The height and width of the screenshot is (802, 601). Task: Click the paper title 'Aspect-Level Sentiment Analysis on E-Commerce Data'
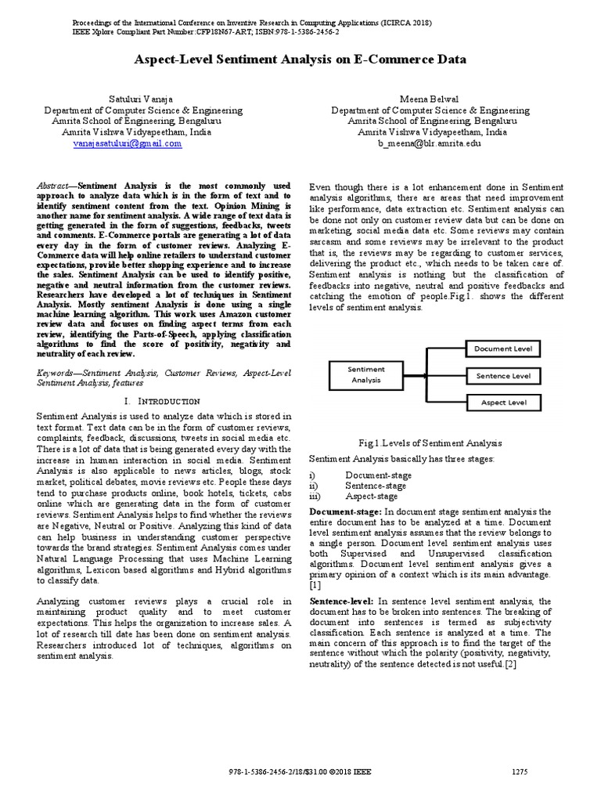click(x=300, y=60)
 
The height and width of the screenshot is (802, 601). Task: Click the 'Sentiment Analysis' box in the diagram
click(x=365, y=374)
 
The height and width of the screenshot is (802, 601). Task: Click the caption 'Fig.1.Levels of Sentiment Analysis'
click(x=407, y=443)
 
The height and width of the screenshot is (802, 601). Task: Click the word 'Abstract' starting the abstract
click(x=54, y=186)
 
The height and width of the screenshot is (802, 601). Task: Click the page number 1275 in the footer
click(x=520, y=771)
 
